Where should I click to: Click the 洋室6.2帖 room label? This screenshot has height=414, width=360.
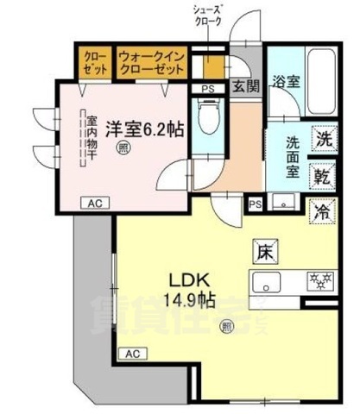[x=144, y=129]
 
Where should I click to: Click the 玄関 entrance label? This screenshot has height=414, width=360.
[x=243, y=86]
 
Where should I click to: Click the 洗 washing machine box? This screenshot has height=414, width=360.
[x=323, y=138]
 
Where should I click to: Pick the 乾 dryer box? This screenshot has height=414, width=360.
[x=323, y=177]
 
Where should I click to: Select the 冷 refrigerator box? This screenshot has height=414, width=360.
[x=323, y=210]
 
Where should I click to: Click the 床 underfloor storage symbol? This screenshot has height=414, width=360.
[x=264, y=251]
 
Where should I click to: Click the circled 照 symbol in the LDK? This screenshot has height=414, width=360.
[x=227, y=326]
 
